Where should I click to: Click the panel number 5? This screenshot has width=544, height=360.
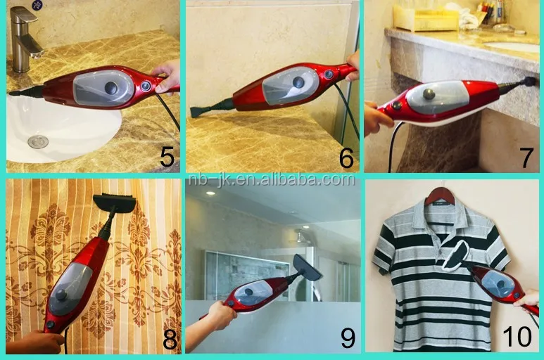coord(167,157)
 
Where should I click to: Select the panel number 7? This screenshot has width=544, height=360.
coord(526,157)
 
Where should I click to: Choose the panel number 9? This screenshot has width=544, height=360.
coord(348,337)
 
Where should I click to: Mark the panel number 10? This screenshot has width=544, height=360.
coord(517,336)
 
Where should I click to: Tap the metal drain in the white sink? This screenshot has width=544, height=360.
coord(38,141)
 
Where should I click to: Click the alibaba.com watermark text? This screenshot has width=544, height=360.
coord(272,180)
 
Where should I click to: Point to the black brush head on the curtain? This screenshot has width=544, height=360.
coord(114,203)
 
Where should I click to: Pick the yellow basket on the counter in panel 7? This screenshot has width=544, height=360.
coord(425,18)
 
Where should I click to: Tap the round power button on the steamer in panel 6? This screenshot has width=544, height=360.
coord(329,74)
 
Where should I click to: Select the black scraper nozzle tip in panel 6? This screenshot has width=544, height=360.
coord(198,112)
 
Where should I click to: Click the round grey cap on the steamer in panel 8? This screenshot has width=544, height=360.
coord(62,295)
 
